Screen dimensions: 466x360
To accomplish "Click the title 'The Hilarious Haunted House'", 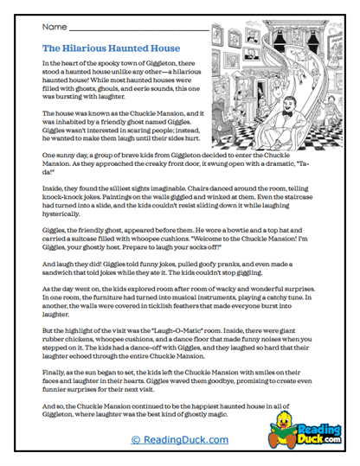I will [111, 48].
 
